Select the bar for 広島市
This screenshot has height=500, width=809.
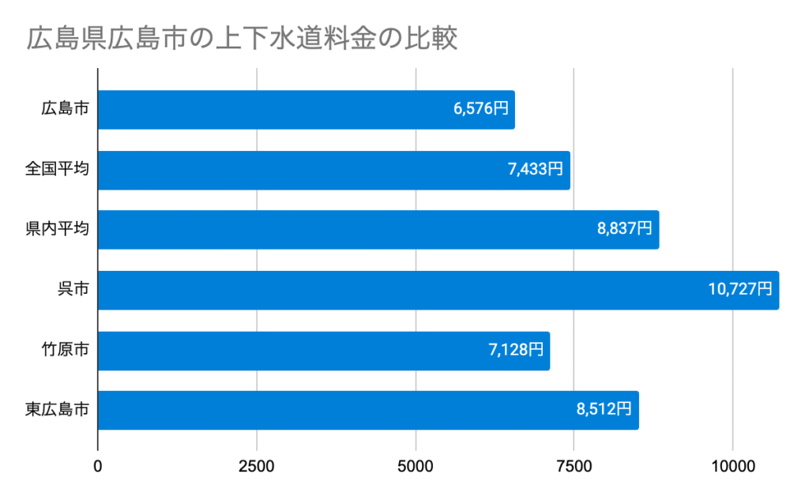tap(306, 110)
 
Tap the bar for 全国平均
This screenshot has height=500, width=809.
tap(333, 170)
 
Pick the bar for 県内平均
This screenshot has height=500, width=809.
tap(378, 230)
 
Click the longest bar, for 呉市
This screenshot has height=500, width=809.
tap(438, 290)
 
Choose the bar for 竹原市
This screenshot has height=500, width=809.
tap(323, 351)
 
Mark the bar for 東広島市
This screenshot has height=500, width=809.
tap(367, 411)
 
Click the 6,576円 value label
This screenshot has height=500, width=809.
tap(481, 110)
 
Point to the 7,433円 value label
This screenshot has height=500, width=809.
tap(536, 170)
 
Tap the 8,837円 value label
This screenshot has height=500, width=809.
tap(625, 230)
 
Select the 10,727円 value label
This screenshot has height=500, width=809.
tap(740, 290)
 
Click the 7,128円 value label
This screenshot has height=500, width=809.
tap(516, 351)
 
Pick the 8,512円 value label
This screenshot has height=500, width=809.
tap(604, 411)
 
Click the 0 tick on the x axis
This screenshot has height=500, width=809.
tap(98, 466)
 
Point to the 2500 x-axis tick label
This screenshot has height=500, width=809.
tap(257, 466)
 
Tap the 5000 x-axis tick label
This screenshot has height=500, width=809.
tap(416, 466)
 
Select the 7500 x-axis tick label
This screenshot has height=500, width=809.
tap(574, 466)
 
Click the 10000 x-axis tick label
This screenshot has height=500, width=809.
tap(733, 466)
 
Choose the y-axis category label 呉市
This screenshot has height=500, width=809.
tap(73, 290)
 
